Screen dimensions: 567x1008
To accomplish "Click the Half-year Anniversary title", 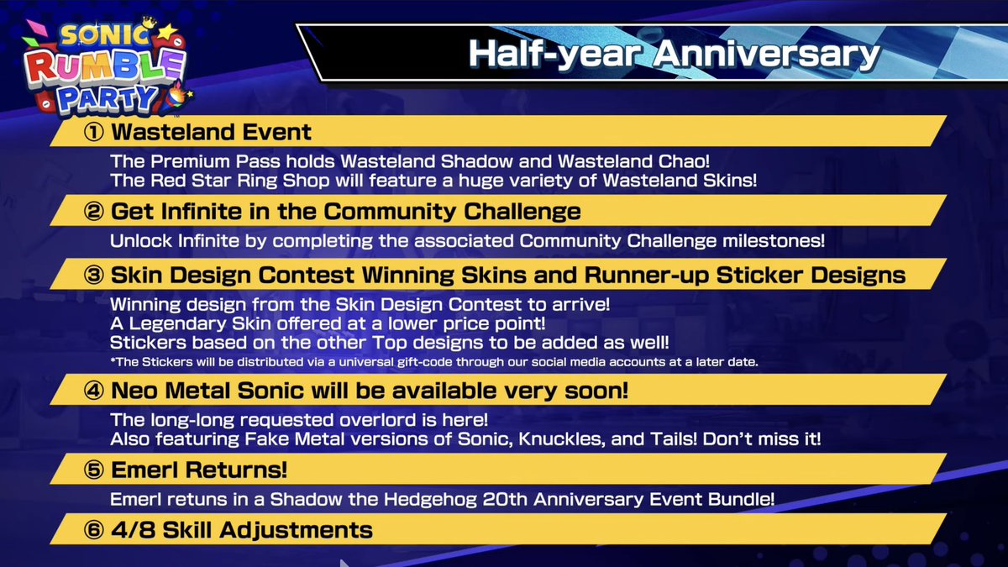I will click(x=673, y=52).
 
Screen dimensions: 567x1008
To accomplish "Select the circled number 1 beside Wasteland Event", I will click(x=94, y=132).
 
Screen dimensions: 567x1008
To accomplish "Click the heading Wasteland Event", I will click(x=211, y=132).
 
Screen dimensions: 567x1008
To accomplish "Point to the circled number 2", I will click(x=94, y=211).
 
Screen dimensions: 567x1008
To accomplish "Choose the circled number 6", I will click(x=94, y=530).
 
